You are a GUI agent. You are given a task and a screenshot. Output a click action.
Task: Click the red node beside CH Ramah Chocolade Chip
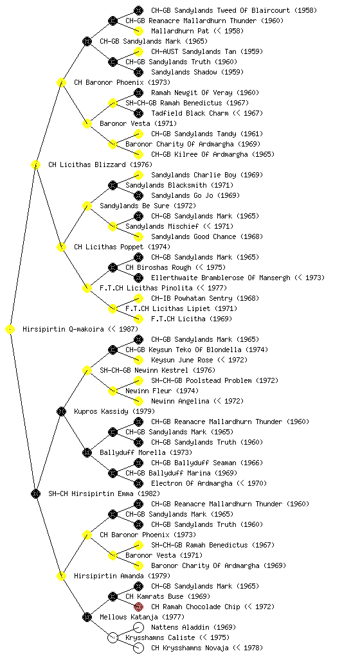coord(138,607)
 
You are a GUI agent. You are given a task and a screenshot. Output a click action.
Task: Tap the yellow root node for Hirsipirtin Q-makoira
coord(10,330)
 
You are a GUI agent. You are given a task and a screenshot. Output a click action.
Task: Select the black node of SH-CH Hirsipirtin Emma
coord(35,494)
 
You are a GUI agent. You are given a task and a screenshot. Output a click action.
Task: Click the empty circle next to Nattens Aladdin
coord(138,627)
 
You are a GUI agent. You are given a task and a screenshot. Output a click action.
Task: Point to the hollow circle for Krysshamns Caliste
coord(113,638)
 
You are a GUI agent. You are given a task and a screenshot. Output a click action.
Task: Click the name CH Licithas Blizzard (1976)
coord(100,165)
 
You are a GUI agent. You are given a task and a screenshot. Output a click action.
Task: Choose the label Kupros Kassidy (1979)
coord(114,412)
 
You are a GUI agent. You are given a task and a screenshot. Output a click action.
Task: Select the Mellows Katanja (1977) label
coord(142,618)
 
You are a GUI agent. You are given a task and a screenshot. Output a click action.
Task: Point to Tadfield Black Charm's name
coord(190,113)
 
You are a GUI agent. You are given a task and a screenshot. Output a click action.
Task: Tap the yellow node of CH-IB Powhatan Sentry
coord(138,298)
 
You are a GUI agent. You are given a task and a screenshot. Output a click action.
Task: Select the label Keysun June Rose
coord(182,360)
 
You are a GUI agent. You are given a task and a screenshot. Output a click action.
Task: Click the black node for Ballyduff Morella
coord(87,453)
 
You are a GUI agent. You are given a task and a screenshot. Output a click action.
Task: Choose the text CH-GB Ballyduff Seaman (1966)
coord(207,463)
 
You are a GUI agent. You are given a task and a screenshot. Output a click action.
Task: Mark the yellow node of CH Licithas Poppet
coord(61,247)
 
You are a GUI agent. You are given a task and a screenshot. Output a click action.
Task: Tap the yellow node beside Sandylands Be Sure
coord(87,206)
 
